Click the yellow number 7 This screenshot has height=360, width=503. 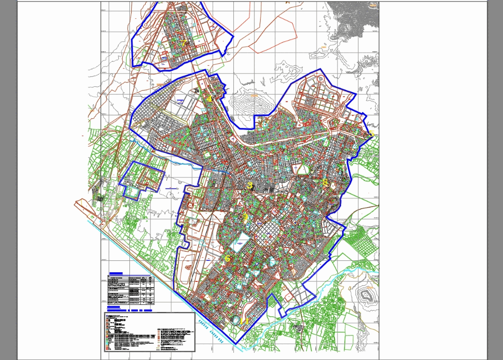(183, 43)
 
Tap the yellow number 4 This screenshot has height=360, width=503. (209, 99)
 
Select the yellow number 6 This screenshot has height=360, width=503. (228, 258)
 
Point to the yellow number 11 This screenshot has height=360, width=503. (244, 321)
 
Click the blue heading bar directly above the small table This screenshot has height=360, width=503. (116, 273)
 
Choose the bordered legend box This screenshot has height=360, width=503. (149, 332)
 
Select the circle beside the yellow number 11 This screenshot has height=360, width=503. (236, 320)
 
